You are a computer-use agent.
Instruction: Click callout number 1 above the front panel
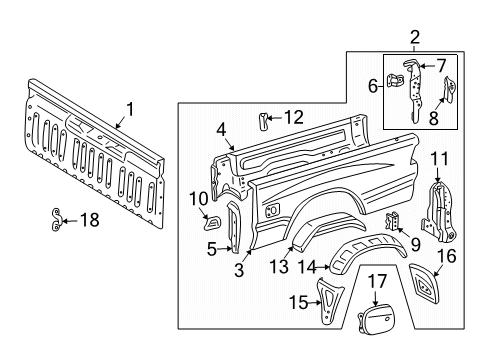click(x=127, y=108)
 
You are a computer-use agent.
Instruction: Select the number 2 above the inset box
click(x=414, y=37)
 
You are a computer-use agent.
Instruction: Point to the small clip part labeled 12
click(x=266, y=122)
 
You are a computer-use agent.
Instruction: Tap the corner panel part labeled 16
click(x=428, y=291)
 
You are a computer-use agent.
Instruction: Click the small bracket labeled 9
click(x=392, y=246)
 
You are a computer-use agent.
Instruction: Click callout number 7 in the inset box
click(x=441, y=66)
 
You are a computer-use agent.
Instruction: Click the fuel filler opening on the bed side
click(x=271, y=210)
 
